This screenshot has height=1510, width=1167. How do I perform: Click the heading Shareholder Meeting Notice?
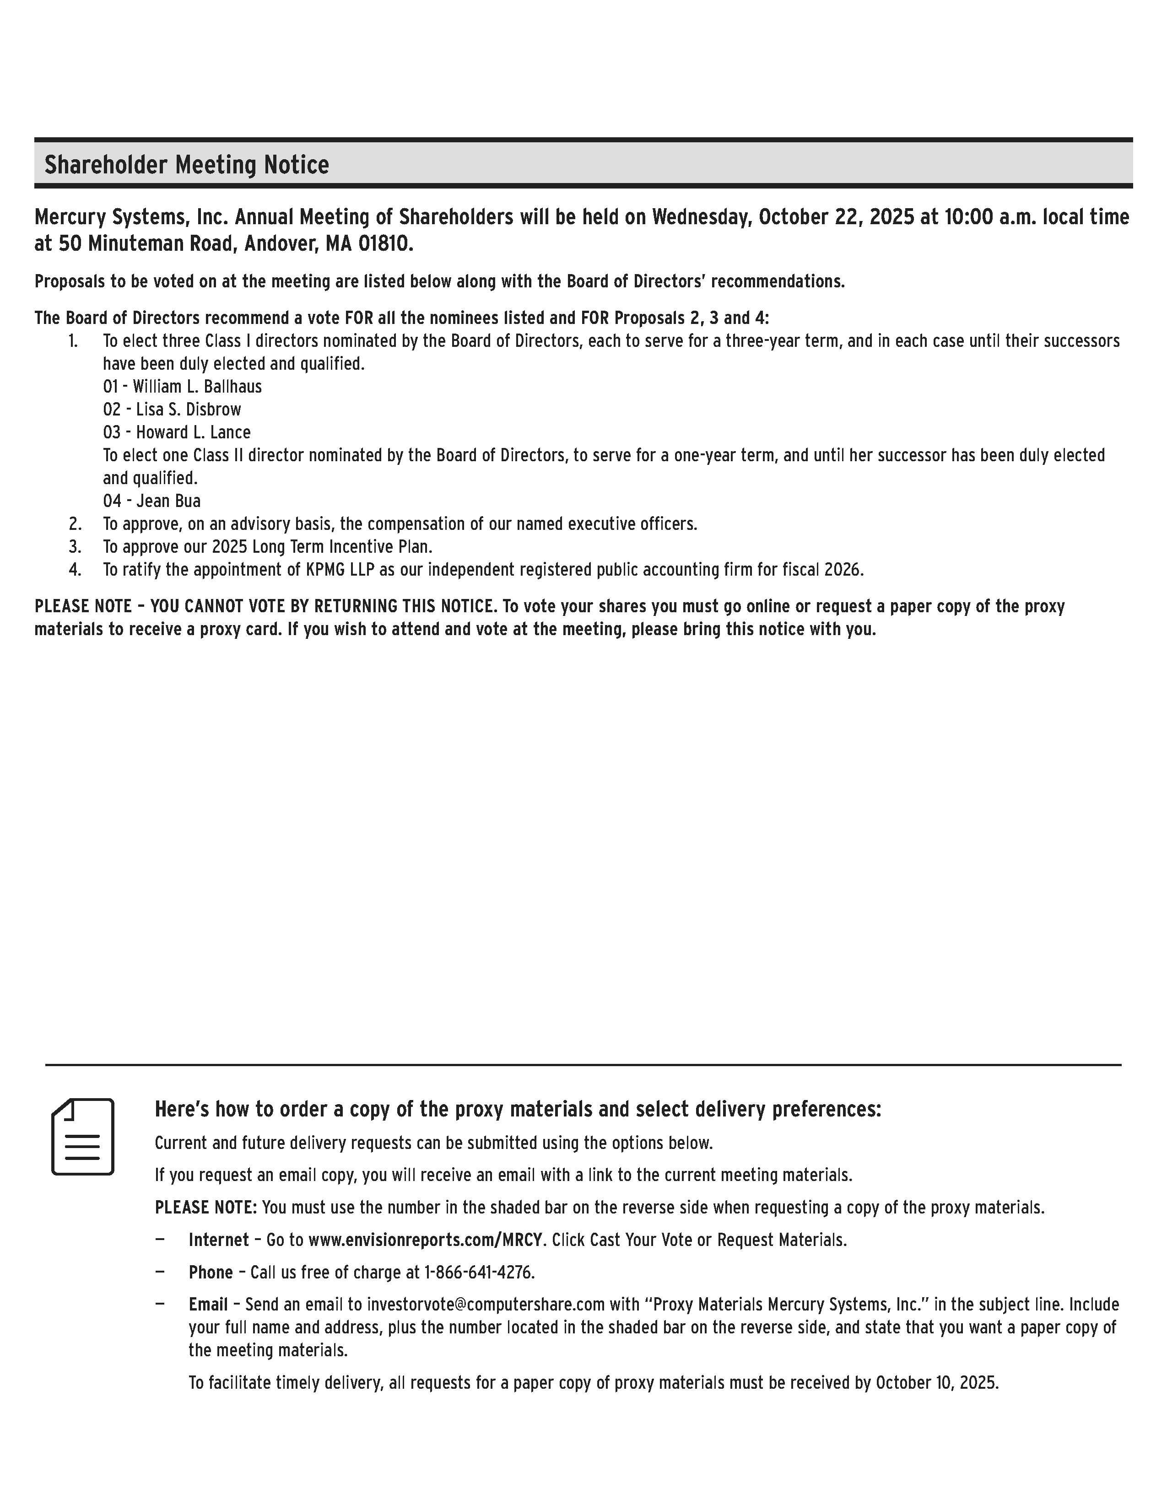[x=187, y=165]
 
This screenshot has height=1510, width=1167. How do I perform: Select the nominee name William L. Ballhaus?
[x=197, y=387]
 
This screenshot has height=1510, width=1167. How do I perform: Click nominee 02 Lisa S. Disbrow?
[x=172, y=410]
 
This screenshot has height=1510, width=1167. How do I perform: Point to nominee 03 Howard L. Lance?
[x=177, y=432]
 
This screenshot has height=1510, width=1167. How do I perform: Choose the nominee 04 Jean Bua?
[x=152, y=501]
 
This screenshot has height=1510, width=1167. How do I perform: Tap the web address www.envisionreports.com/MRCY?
[x=425, y=1240]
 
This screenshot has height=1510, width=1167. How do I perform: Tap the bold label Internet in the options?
[x=218, y=1240]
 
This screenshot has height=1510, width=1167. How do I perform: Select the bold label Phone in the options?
[x=211, y=1272]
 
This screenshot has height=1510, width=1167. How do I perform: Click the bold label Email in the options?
[x=208, y=1305]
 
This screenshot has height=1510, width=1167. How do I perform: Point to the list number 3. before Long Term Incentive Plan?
[x=75, y=547]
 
